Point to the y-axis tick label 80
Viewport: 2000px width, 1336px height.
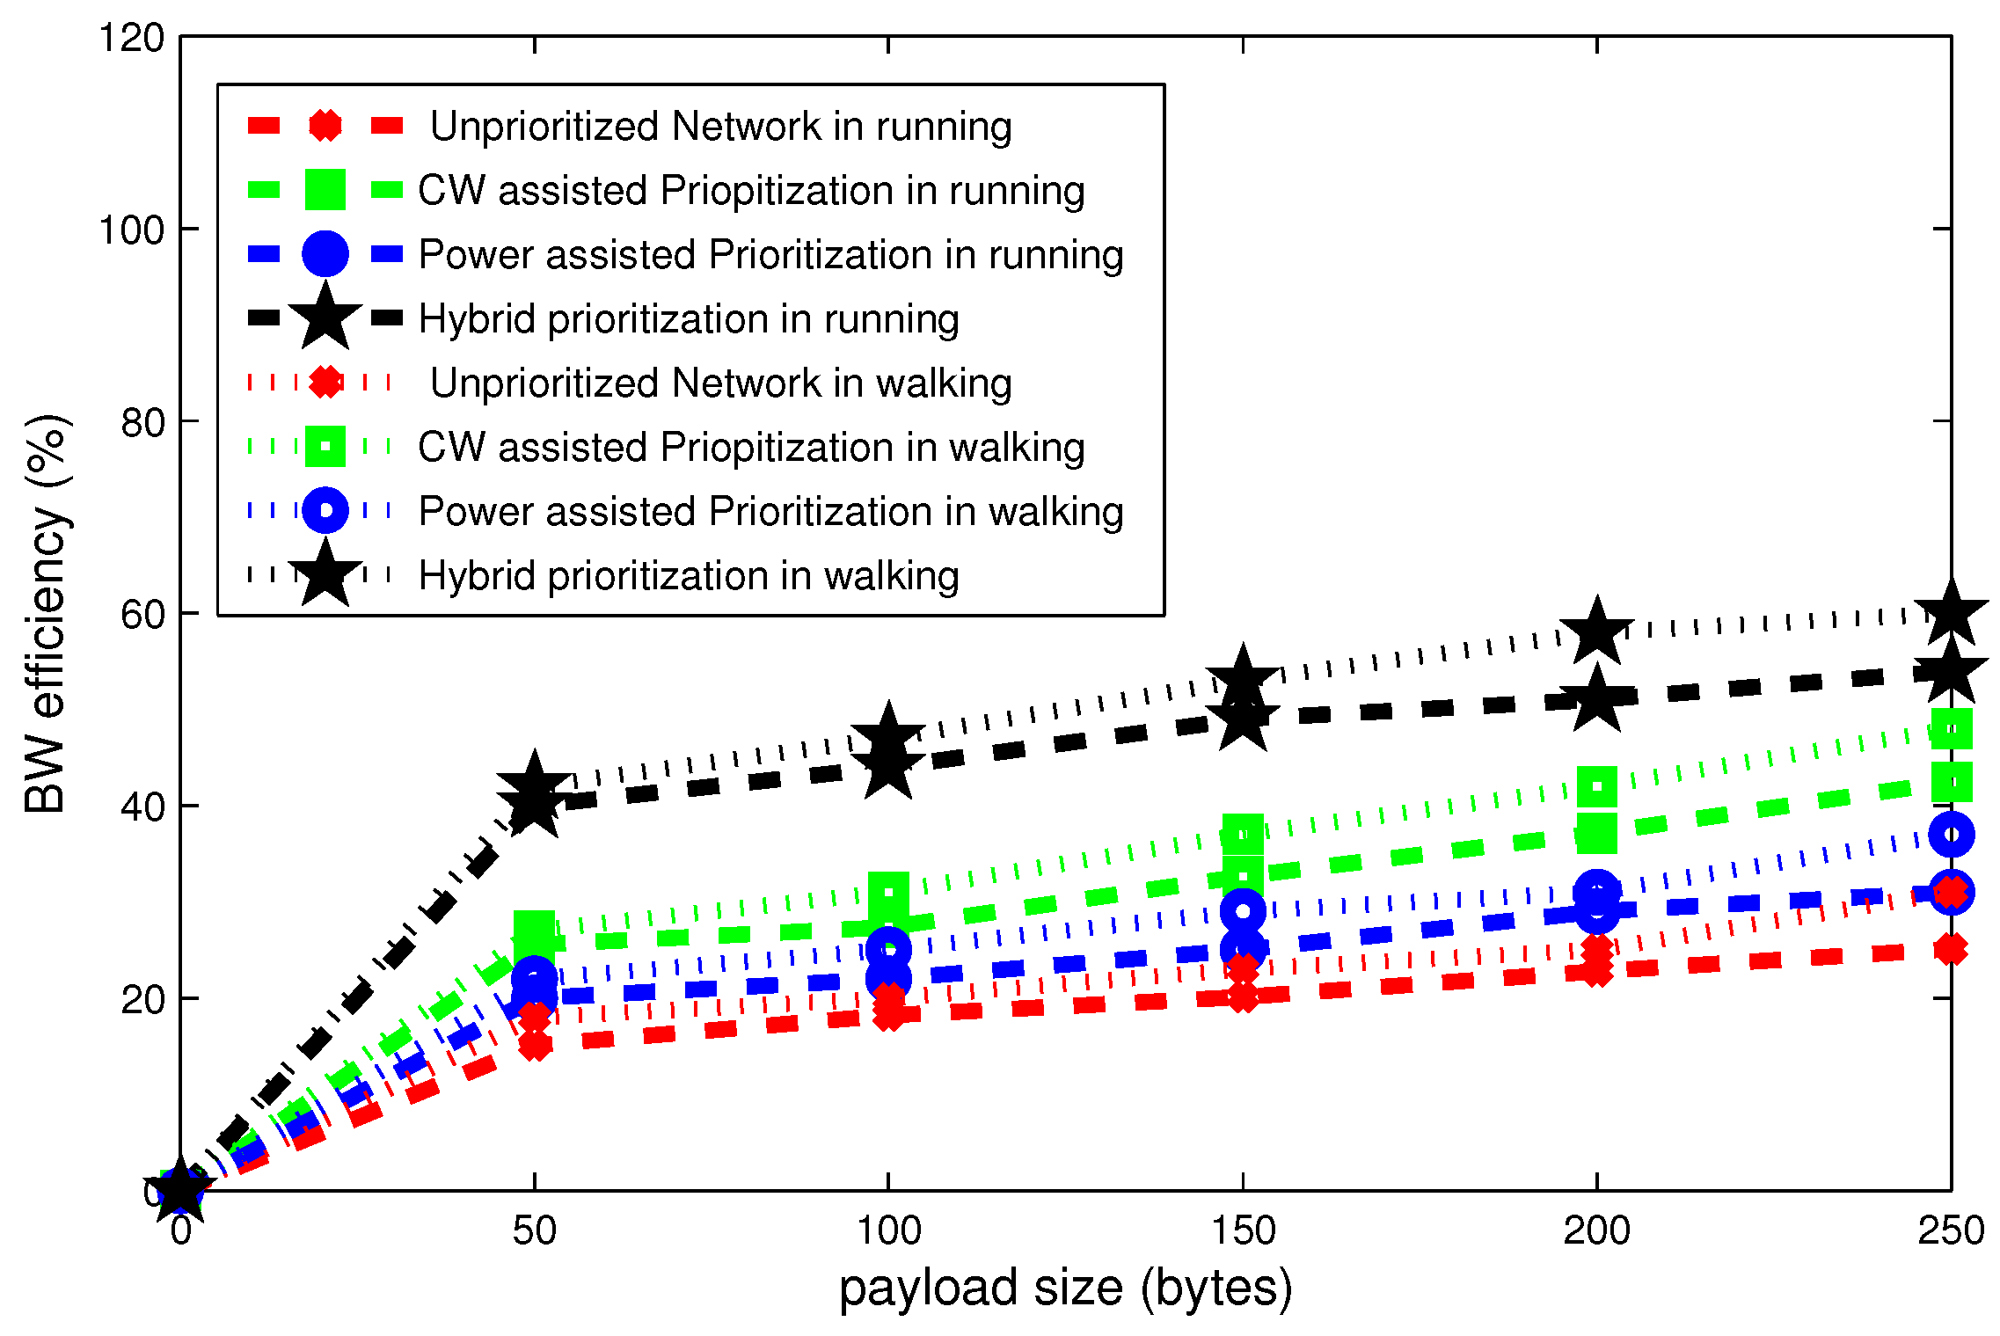pos(143,423)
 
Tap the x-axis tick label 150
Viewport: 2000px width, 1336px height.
pos(1242,1230)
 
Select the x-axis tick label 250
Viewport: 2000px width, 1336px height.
pos(1951,1230)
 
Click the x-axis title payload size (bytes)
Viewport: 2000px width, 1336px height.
pos(1065,1289)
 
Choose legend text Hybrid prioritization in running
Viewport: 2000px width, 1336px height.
pos(689,318)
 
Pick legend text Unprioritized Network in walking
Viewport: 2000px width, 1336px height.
pos(721,383)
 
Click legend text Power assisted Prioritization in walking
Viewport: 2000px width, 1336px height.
pos(771,511)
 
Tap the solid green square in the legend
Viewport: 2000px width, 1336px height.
pos(325,190)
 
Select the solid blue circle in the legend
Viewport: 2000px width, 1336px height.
pos(325,254)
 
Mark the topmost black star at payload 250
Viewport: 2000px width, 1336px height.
pos(1951,613)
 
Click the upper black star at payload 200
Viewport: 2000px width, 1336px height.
pos(1596,631)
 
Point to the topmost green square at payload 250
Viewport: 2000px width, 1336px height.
pos(1951,729)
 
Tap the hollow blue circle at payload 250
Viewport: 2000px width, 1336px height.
pos(1951,835)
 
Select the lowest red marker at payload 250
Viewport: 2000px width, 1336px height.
pos(1951,949)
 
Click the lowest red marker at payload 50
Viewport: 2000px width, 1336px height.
pos(535,1045)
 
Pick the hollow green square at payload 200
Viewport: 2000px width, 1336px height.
pos(1596,786)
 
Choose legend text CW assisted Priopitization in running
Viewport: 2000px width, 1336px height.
pos(751,190)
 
